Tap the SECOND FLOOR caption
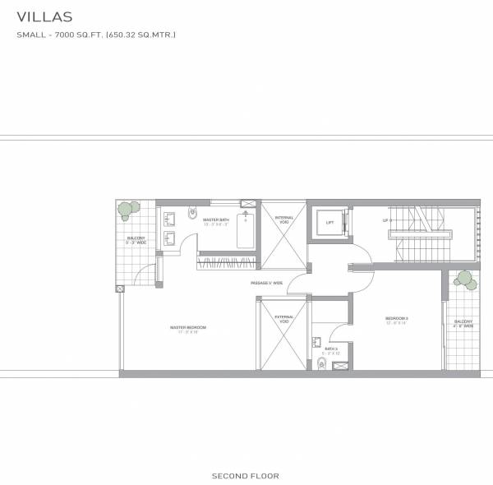click(x=246, y=475)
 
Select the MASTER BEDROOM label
click(x=188, y=327)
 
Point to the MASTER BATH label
click(x=215, y=219)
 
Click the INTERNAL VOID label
click(x=284, y=219)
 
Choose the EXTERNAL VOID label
click(x=284, y=319)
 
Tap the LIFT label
click(x=329, y=223)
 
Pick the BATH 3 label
click(x=330, y=349)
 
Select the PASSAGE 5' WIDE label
click(x=267, y=283)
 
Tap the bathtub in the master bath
click(x=244, y=230)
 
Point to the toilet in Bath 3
click(x=320, y=364)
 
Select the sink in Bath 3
click(x=316, y=341)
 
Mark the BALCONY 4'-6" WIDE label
click(x=463, y=324)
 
